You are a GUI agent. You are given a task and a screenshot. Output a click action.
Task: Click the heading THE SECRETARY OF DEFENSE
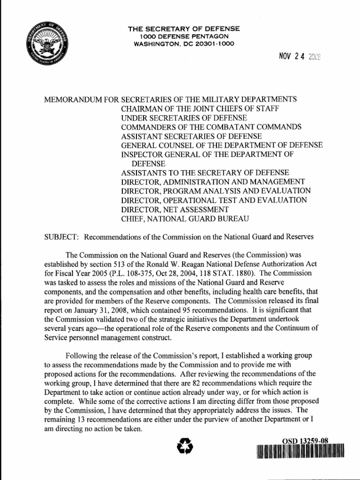pos(184,29)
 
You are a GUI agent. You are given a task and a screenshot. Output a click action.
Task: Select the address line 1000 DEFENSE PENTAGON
pos(184,37)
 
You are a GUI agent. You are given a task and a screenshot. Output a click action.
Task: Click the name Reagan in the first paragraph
pos(187,264)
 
